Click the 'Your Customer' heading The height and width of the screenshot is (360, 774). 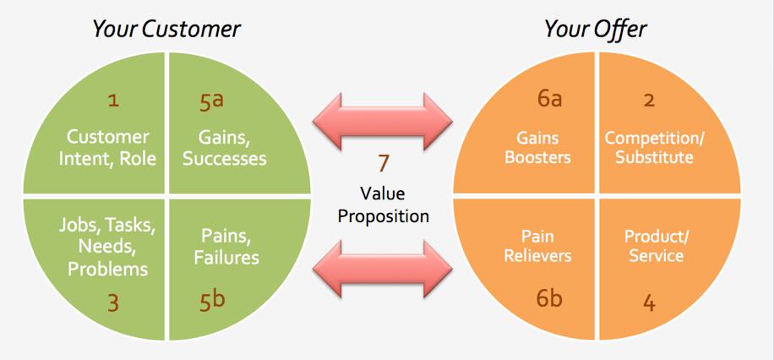click(166, 29)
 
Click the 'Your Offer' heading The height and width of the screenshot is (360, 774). click(595, 29)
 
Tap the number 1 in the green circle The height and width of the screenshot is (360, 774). click(113, 101)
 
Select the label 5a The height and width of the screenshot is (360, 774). click(211, 101)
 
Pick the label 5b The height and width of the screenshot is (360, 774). click(212, 299)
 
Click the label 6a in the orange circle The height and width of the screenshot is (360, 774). click(549, 99)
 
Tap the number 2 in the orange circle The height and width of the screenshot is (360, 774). click(649, 101)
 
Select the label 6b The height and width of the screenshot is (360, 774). click(549, 299)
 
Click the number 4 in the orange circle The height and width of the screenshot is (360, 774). click(649, 302)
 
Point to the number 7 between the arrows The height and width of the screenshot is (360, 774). click(384, 164)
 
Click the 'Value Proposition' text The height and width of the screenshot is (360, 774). click(384, 204)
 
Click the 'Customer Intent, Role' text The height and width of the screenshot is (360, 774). click(108, 147)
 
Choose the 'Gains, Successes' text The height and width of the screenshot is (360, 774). click(225, 147)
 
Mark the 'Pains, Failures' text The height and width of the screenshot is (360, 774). click(225, 246)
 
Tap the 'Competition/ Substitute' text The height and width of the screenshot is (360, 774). click(649, 147)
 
